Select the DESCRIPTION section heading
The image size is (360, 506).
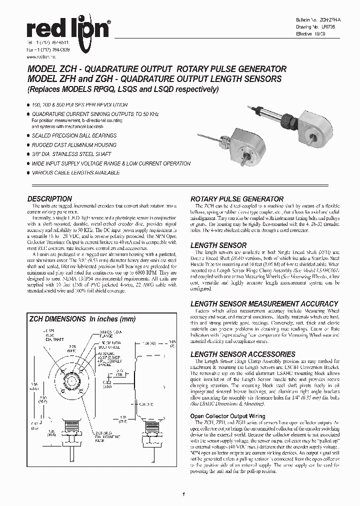tap(49, 198)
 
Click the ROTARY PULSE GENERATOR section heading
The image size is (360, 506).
tap(237, 198)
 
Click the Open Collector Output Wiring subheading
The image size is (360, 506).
tap(227, 416)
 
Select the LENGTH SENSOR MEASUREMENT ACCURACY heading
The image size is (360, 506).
tap(264, 303)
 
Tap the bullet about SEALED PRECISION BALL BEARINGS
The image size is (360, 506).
tap(74, 135)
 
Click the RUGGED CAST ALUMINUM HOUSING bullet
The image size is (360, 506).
tap(74, 145)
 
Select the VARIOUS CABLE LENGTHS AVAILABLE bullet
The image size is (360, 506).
tap(75, 172)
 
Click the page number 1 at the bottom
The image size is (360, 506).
tap(184, 495)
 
